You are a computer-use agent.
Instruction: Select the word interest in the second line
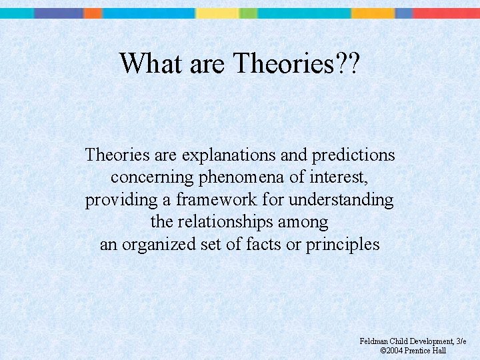point(339,178)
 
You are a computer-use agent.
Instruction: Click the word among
point(305,222)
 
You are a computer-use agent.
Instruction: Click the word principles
point(343,245)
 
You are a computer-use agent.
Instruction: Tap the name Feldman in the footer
point(373,341)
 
